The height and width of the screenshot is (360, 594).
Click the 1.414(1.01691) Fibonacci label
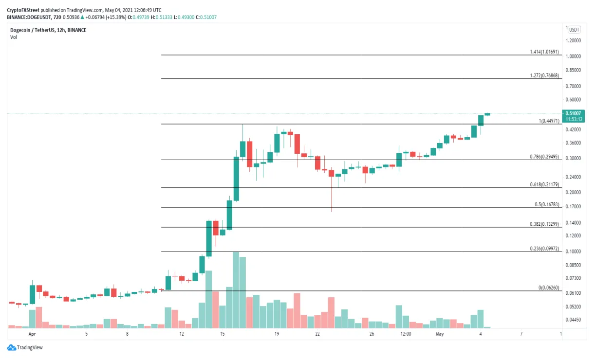tap(544, 52)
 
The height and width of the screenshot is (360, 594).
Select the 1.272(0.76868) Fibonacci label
tap(544, 76)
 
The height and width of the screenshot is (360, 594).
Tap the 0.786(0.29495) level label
tap(544, 157)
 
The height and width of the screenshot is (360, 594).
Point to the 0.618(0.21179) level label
tap(544, 185)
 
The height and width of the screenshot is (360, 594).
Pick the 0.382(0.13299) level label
tap(544, 224)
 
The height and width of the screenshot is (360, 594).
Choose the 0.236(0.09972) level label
tap(544, 249)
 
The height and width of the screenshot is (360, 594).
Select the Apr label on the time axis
tap(33, 334)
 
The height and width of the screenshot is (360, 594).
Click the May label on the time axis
tap(440, 334)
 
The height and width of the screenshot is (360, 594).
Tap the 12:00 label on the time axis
tap(406, 334)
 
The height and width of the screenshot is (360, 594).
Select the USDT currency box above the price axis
tap(575, 29)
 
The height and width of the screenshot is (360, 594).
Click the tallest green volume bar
tap(236, 290)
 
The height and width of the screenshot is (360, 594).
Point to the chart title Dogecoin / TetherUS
tap(34, 30)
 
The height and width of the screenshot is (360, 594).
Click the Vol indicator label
tap(13, 37)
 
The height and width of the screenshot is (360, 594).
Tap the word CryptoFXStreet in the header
tap(23, 10)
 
